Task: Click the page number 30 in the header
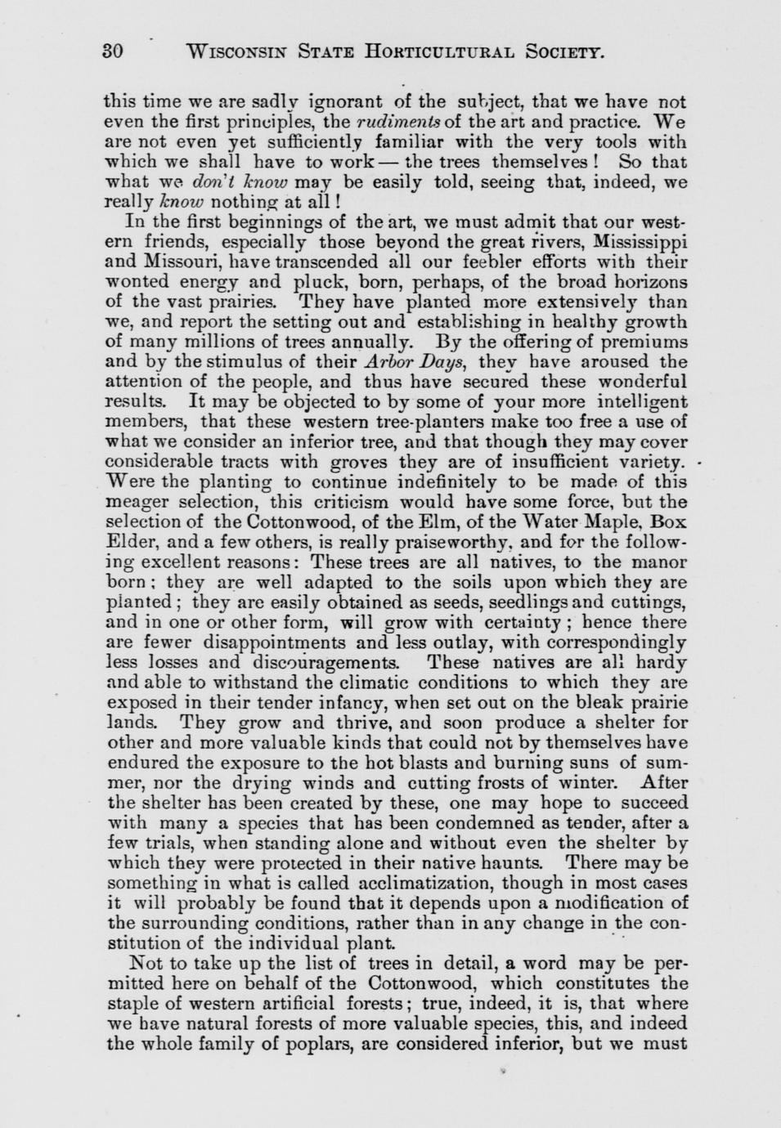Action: pyautogui.click(x=112, y=53)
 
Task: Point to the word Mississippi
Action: pyautogui.click(x=640, y=243)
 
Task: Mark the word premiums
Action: pyautogui.click(x=641, y=342)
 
